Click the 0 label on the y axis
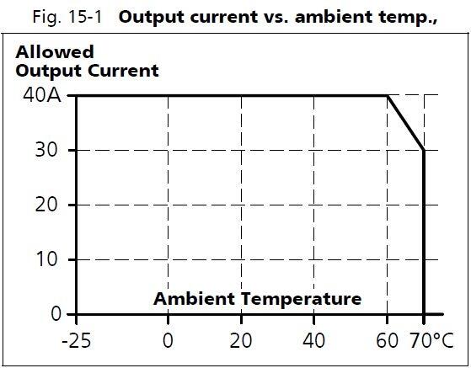(x=56, y=314)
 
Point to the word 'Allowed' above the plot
(x=54, y=52)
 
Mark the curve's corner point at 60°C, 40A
(x=388, y=96)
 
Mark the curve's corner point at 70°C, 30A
(x=424, y=150)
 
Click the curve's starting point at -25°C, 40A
(x=76, y=96)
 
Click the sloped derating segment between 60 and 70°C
(x=406, y=123)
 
